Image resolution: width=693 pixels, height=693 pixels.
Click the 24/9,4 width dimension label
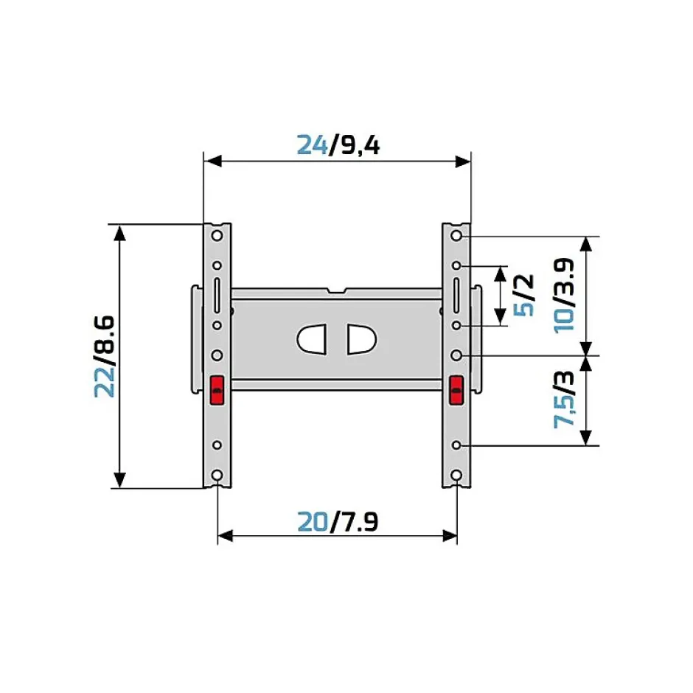coord(338,145)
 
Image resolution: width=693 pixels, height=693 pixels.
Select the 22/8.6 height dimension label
coord(105,356)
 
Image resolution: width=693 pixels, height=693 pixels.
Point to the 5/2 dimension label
coord(523,295)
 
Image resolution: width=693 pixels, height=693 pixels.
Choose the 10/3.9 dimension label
coord(564,295)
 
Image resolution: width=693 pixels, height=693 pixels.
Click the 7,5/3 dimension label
coord(564,400)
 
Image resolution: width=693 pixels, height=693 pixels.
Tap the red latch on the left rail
coord(217,390)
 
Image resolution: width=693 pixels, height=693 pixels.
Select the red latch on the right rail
coord(456,390)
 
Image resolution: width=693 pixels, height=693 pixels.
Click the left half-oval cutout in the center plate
coord(312,339)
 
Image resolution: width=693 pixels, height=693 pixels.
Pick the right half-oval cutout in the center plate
coord(361,339)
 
